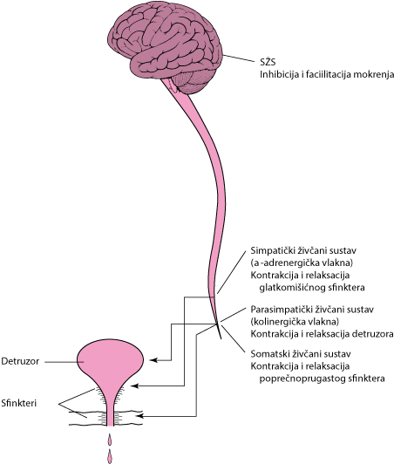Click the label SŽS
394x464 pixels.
click(268, 62)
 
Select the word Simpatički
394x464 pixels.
click(269, 250)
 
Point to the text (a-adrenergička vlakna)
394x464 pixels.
click(302, 263)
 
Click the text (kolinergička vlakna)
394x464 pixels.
click(295, 321)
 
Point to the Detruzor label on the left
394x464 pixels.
click(20, 361)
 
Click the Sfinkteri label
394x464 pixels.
click(19, 403)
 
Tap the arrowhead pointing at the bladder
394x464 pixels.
click(153, 360)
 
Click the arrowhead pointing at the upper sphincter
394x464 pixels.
click(134, 386)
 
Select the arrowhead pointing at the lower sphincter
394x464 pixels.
click(141, 416)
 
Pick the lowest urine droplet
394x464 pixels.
click(110, 456)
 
